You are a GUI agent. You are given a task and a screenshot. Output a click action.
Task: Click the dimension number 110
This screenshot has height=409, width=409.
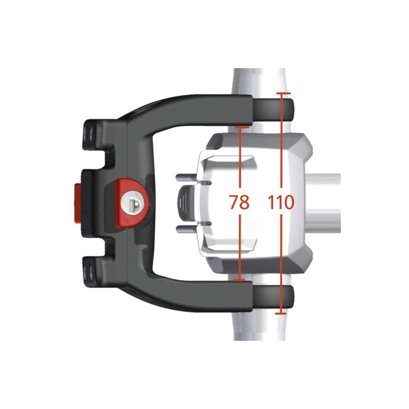coord(281,202)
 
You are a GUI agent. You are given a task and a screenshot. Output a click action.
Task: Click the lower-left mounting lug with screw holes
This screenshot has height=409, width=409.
coord(91,271)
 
